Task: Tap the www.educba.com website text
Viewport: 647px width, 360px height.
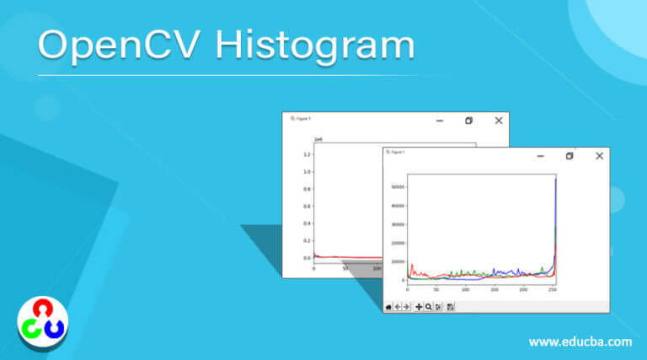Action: point(580,342)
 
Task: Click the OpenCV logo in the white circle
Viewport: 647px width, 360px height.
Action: point(42,321)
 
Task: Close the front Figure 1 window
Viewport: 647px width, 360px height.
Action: point(599,156)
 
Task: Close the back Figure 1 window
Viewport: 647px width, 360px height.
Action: point(499,121)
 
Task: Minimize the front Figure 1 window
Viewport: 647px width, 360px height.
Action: point(540,156)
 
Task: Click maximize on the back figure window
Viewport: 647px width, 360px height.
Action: point(468,121)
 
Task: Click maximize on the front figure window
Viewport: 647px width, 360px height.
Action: point(569,156)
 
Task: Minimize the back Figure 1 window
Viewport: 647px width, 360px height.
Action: point(439,121)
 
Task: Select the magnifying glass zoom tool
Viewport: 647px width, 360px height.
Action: point(429,307)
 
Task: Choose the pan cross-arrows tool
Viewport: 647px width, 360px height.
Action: point(419,307)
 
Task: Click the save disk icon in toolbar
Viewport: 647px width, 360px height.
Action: point(451,307)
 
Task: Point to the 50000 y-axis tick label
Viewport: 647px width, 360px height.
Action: point(397,187)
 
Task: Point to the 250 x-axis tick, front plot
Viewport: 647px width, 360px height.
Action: point(552,289)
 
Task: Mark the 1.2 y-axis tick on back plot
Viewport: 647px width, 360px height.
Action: point(307,154)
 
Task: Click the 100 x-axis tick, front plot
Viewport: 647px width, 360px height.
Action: point(465,289)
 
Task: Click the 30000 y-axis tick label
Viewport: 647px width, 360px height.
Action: point(397,224)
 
